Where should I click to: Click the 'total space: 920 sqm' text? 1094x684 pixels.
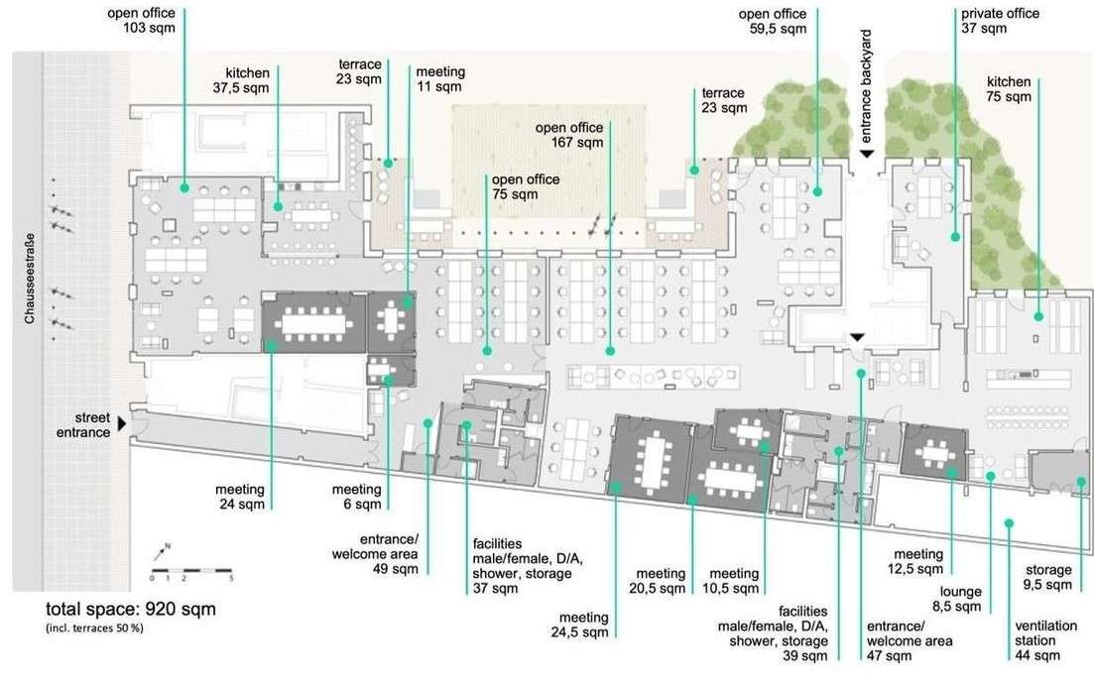click(x=131, y=609)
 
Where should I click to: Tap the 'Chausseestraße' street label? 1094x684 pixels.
click(x=30, y=279)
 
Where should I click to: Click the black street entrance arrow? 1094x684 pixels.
click(x=122, y=423)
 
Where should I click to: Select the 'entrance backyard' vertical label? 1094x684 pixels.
click(x=866, y=86)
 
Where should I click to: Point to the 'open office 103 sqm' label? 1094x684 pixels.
click(x=142, y=20)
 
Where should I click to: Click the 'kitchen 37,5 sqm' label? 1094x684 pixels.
click(x=241, y=80)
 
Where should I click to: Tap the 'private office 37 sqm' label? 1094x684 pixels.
click(x=1000, y=20)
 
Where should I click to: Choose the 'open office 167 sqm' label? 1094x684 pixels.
click(x=569, y=135)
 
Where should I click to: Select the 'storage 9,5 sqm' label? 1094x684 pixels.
click(x=1048, y=577)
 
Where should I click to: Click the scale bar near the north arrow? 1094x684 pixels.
click(x=191, y=572)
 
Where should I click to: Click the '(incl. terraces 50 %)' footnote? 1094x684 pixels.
click(x=95, y=627)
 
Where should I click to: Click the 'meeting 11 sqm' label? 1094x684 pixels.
click(x=441, y=78)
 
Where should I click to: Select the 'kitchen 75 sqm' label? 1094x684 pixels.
click(x=1009, y=89)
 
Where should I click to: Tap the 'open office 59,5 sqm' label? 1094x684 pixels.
click(x=773, y=21)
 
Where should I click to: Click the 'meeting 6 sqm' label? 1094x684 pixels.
click(x=357, y=497)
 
